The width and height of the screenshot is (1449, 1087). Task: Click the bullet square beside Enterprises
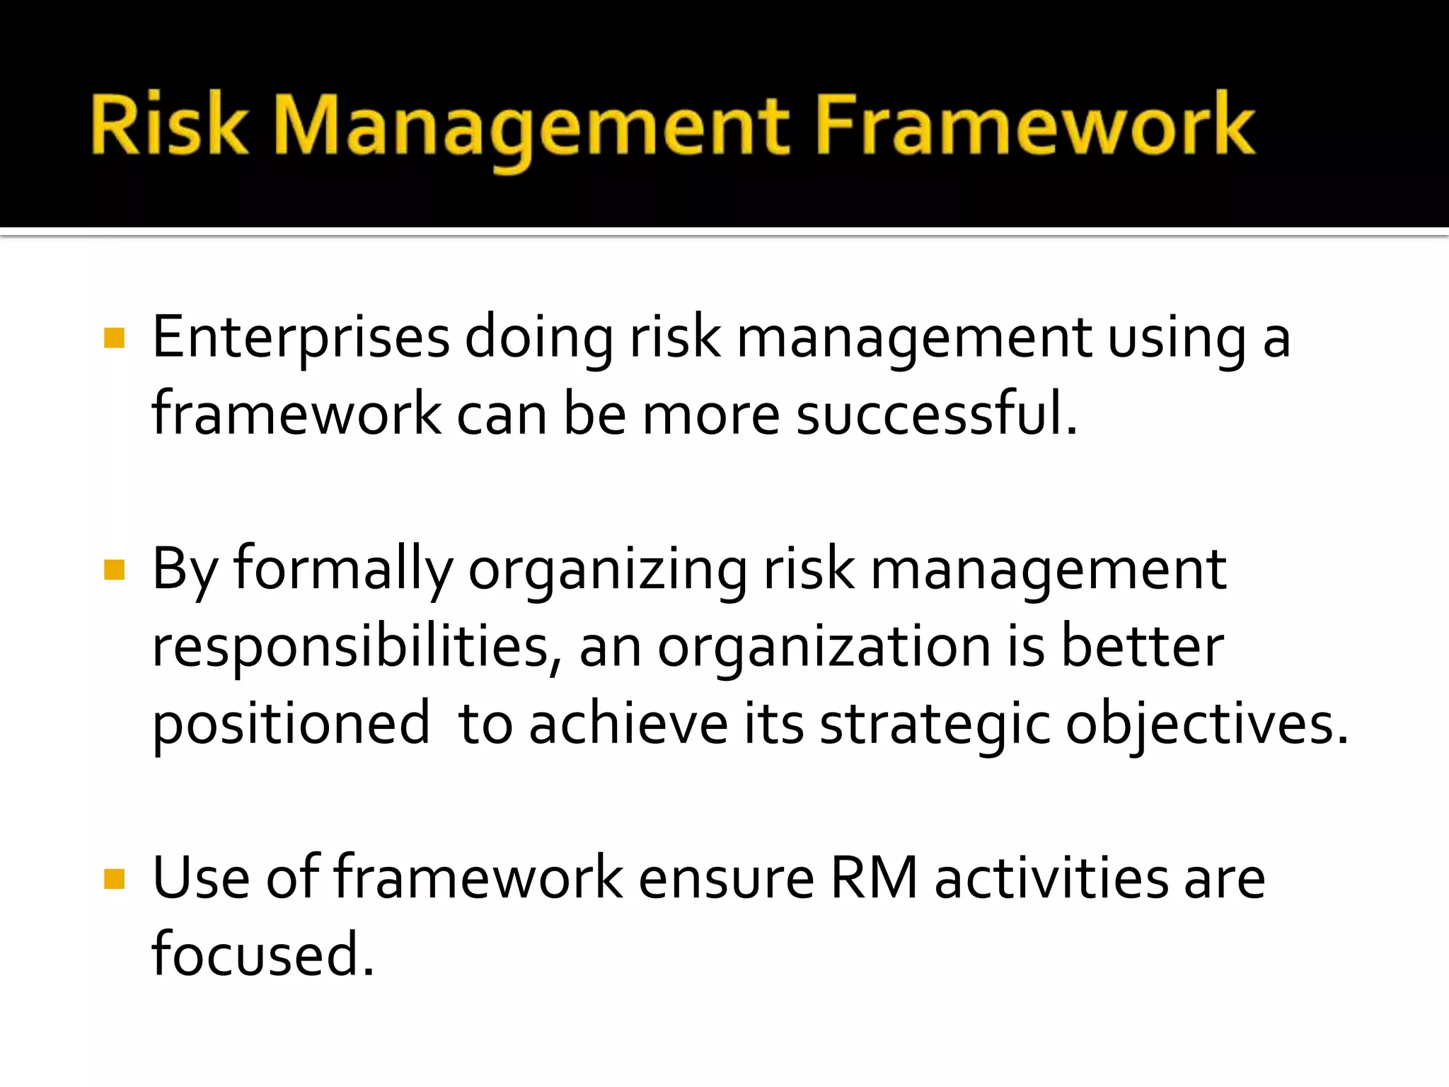click(x=114, y=338)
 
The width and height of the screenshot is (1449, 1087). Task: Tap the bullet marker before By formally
click(x=114, y=570)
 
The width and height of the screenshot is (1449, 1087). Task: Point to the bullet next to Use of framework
click(x=114, y=879)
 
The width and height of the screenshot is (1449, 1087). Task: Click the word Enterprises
click(x=301, y=338)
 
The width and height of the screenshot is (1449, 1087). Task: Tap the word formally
click(x=343, y=570)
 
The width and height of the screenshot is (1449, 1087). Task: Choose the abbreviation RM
click(x=874, y=879)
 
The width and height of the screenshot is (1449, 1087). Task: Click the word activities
click(x=1051, y=879)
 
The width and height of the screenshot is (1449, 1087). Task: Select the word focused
click(x=262, y=955)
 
